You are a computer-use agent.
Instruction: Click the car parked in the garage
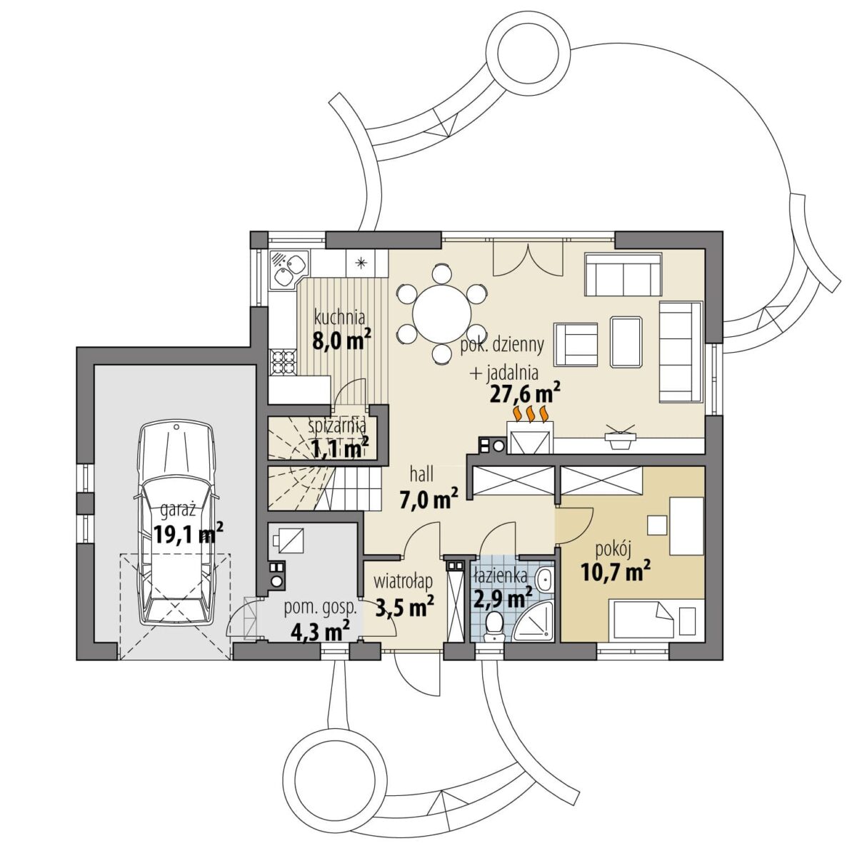pos(176,525)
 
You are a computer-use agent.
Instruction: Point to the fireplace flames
pos(530,413)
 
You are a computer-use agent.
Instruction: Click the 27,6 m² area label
pos(525,393)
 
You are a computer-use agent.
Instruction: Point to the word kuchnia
pos(340,318)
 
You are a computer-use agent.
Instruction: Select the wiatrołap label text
pos(404,581)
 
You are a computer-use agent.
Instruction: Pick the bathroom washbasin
pos(544,580)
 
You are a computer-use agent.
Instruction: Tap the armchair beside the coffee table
pos(576,345)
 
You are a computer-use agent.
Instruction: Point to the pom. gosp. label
pos(322,608)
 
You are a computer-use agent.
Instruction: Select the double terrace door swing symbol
pos(528,259)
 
